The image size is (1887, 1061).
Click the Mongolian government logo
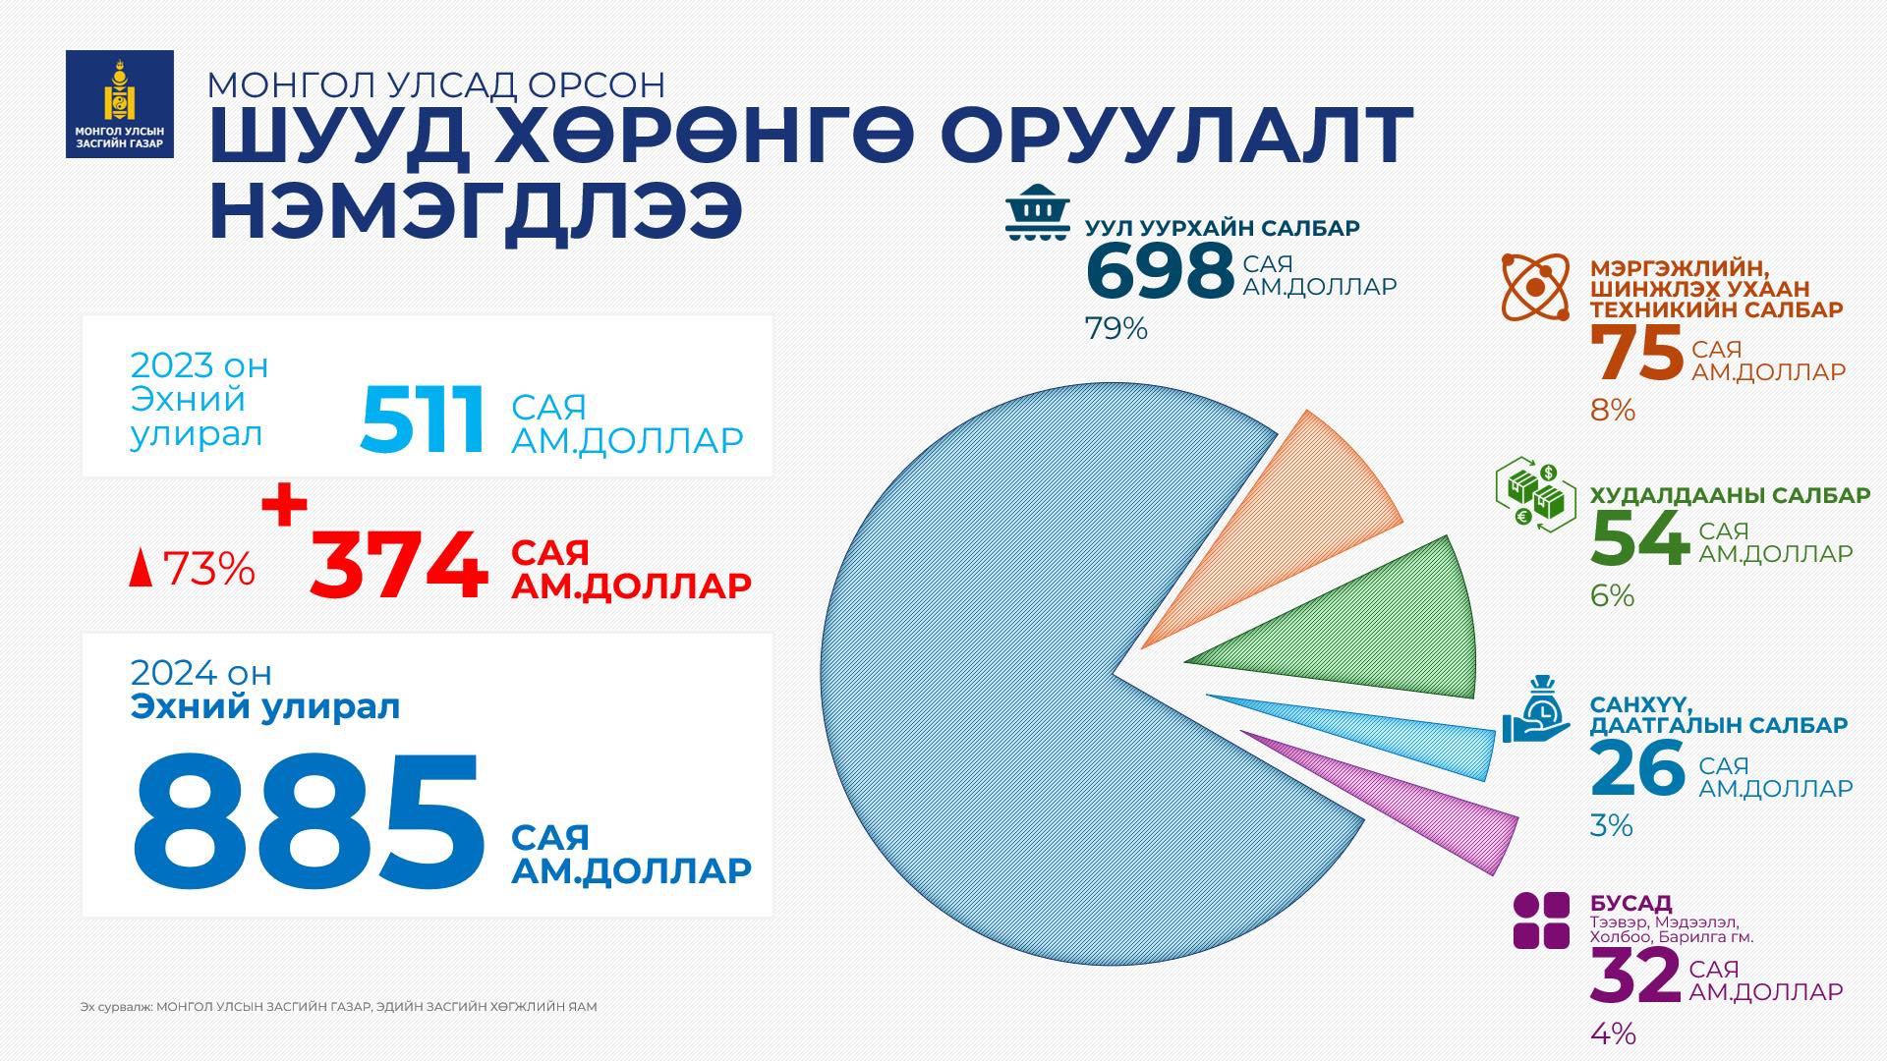[x=119, y=104]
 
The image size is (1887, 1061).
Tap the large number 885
[x=309, y=820]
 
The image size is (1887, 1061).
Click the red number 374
[x=399, y=568]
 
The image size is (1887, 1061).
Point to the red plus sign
[x=284, y=507]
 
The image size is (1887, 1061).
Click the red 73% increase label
[x=194, y=569]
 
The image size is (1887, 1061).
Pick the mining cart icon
[x=1037, y=213]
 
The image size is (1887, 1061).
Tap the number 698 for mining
[x=1160, y=272]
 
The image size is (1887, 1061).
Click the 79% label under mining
[x=1115, y=329]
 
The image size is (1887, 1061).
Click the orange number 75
[x=1636, y=356]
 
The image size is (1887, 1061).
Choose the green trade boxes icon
[x=1535, y=495]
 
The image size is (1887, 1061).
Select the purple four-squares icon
[x=1541, y=921]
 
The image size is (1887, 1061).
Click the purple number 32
[x=1634, y=976]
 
